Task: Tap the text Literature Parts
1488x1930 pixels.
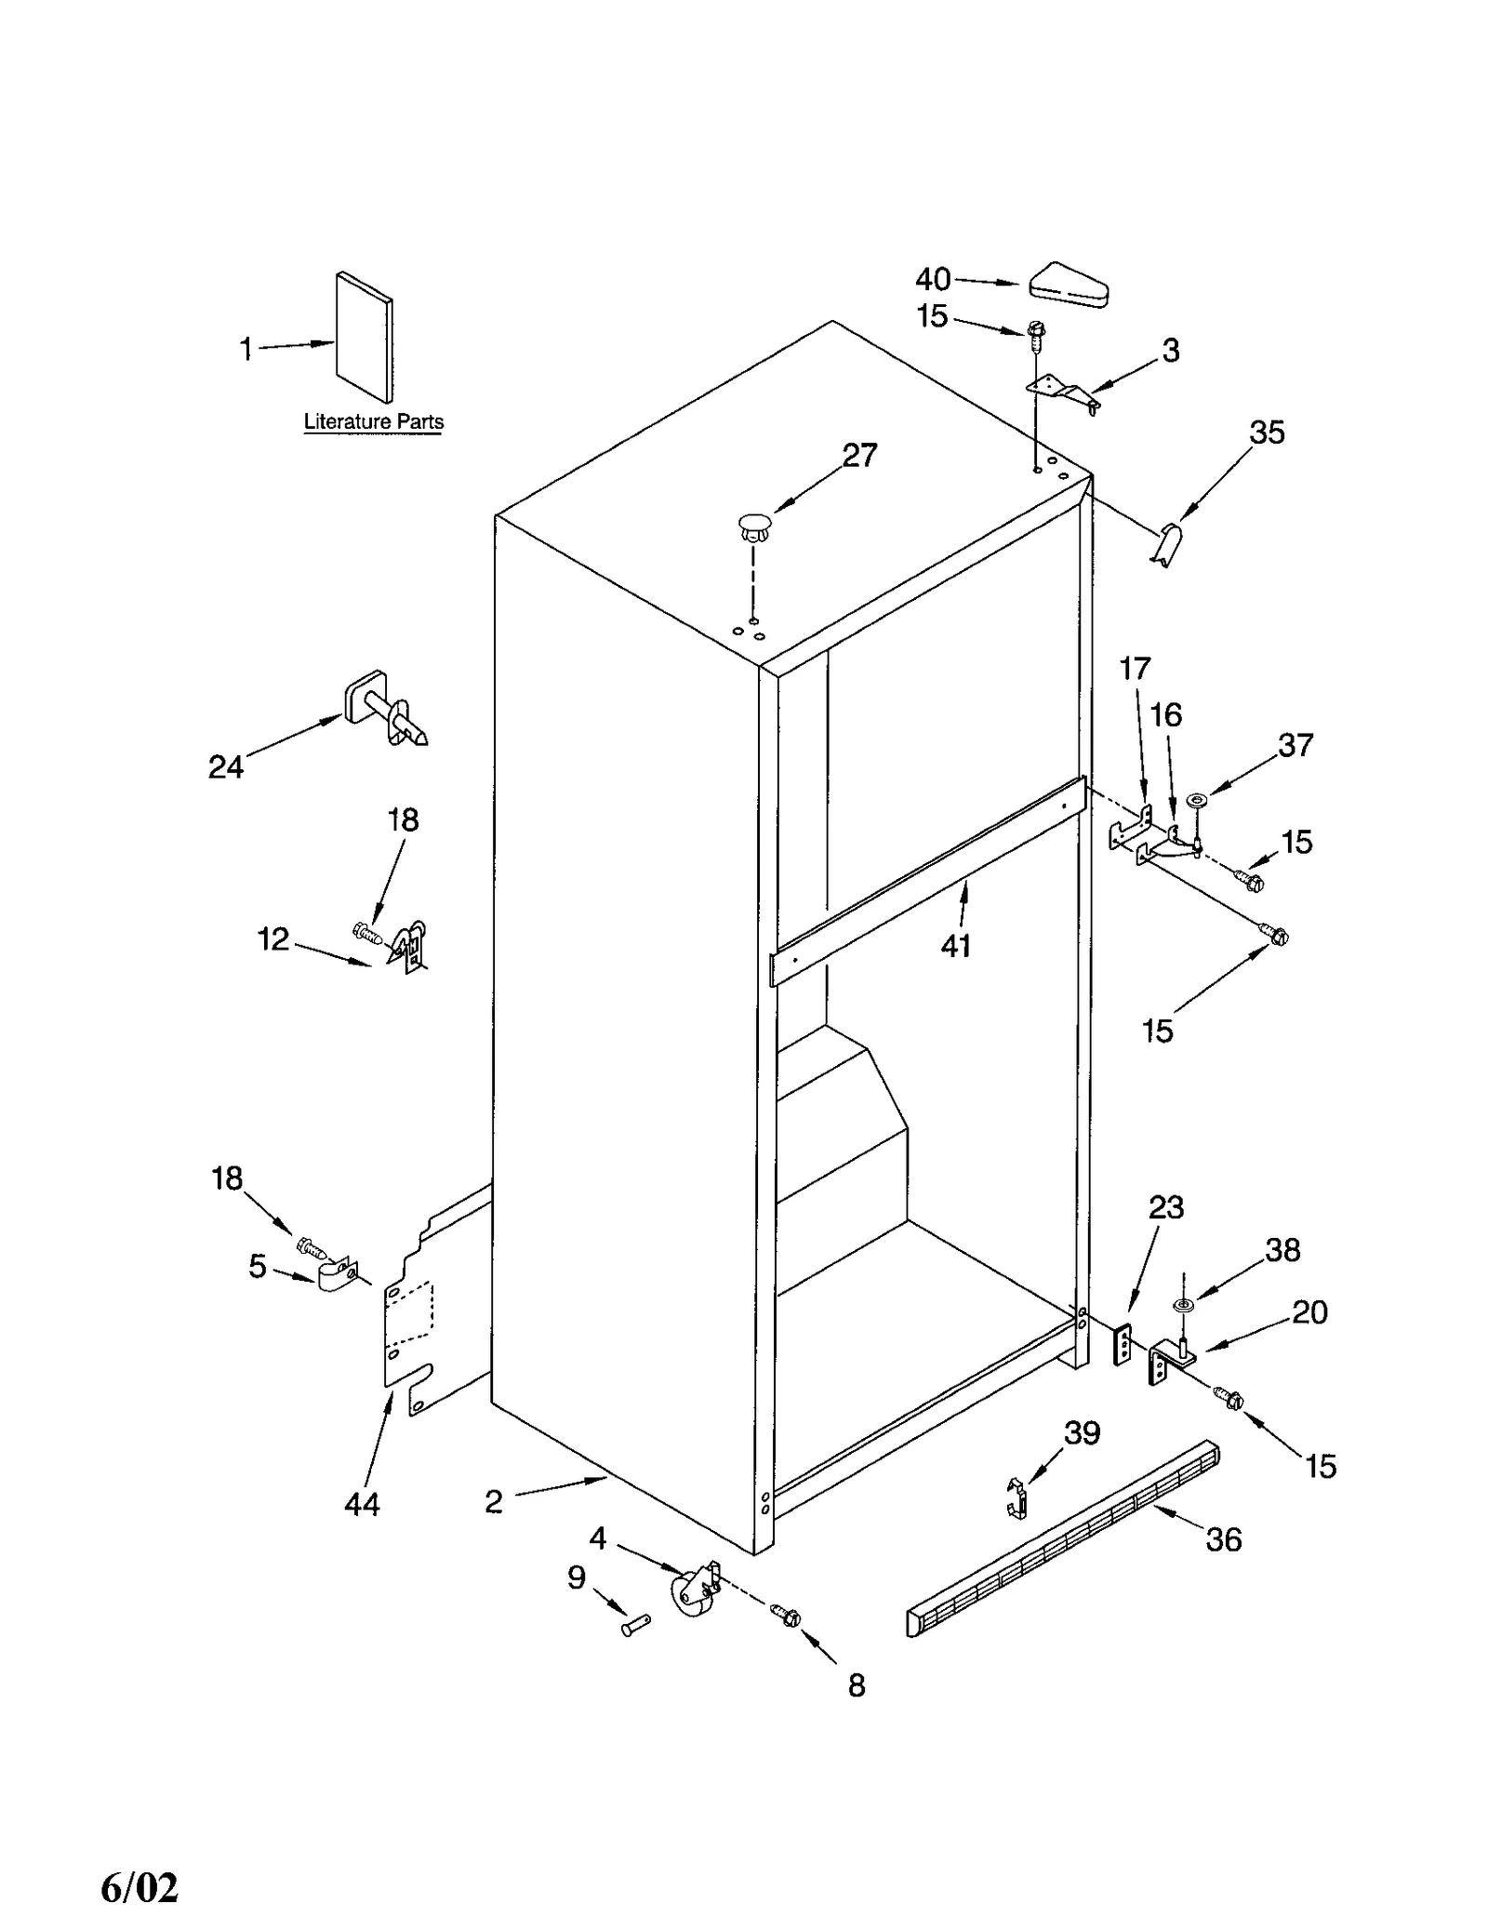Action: (x=374, y=421)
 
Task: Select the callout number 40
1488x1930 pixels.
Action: (x=933, y=279)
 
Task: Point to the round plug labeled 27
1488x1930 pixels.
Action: (x=754, y=526)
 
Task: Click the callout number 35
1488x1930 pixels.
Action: (x=1267, y=433)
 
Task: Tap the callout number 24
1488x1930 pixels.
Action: (x=226, y=766)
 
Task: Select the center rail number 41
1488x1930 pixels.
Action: (x=956, y=946)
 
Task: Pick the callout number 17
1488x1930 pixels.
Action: (x=1135, y=668)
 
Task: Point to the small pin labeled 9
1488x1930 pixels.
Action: (x=636, y=1625)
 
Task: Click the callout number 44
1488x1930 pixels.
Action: (x=362, y=1504)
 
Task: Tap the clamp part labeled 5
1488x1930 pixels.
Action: (x=336, y=1275)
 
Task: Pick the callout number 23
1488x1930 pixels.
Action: (x=1165, y=1207)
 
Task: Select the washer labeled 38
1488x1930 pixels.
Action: (x=1183, y=1306)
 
